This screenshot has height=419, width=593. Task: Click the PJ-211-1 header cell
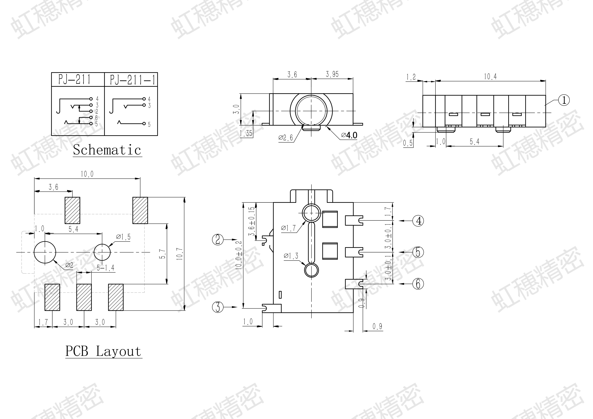click(131, 79)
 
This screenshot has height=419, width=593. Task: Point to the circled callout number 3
click(218, 307)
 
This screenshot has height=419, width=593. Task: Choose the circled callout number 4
click(418, 221)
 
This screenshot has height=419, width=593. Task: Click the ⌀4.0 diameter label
click(349, 135)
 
